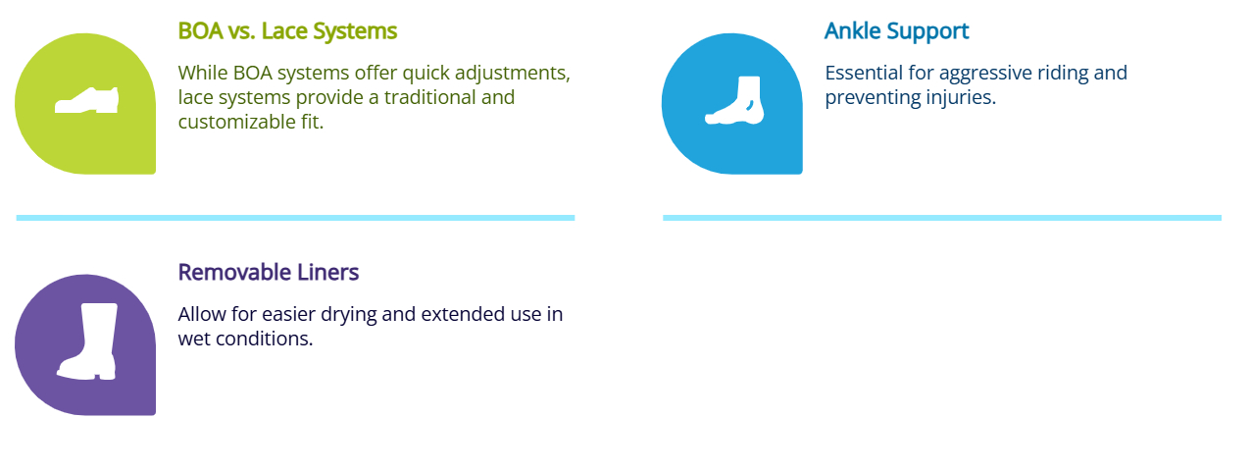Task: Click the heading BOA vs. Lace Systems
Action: click(x=287, y=31)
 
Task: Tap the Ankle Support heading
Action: click(x=896, y=31)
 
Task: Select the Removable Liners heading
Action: click(x=269, y=272)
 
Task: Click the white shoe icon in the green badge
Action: click(x=86, y=100)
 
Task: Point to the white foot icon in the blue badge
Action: click(x=732, y=100)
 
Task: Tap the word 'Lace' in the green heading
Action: click(x=285, y=31)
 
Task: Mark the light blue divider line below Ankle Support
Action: click(x=941, y=218)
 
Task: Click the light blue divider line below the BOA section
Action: click(x=295, y=218)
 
